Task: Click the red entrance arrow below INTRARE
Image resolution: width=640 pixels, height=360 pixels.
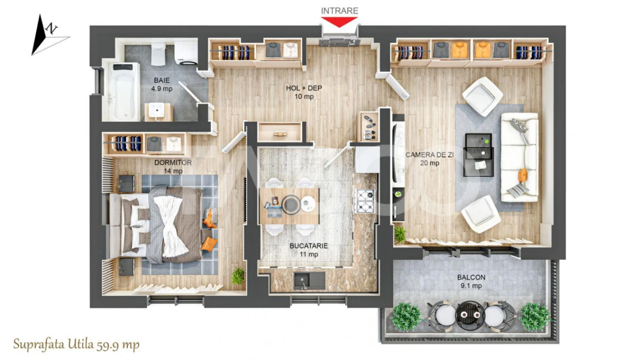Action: click(339, 22)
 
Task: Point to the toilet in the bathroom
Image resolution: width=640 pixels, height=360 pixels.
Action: click(158, 52)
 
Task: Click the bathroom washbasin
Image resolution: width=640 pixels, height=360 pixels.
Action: click(158, 110)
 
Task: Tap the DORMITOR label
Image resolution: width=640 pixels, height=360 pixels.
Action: click(173, 163)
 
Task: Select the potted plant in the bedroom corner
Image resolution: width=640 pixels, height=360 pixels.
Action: click(237, 276)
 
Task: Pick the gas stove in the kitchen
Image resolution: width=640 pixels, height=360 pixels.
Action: click(364, 201)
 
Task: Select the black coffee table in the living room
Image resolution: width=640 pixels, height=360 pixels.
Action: click(479, 155)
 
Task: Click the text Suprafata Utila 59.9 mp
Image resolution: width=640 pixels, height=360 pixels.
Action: click(77, 345)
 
